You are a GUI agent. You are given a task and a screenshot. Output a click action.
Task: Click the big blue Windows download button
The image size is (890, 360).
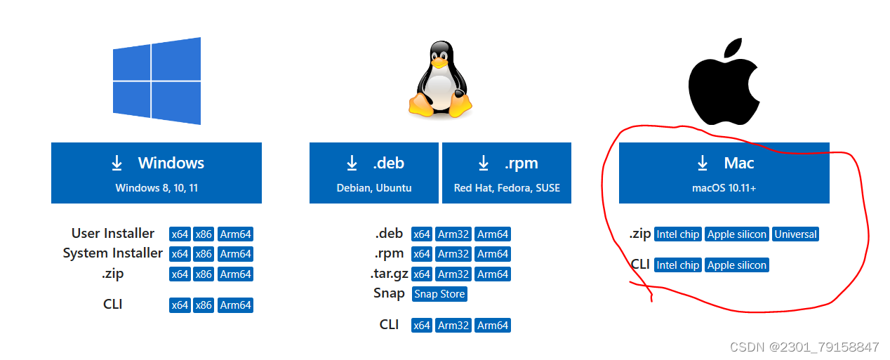156,173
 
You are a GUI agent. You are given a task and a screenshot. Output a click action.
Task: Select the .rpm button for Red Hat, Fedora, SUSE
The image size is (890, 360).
506,173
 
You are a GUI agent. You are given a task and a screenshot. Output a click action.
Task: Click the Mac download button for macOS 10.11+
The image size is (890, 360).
724,173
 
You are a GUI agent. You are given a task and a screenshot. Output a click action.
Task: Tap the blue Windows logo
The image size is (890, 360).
157,81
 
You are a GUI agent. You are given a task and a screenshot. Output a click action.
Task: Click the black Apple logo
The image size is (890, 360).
724,82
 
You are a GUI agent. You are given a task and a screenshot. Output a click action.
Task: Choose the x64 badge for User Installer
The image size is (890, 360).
180,234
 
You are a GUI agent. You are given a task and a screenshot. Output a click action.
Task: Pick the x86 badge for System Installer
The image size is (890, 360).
204,254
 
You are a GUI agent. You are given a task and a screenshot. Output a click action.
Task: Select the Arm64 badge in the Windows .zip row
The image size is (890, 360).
235,274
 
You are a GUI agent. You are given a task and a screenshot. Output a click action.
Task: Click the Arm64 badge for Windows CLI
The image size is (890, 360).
235,305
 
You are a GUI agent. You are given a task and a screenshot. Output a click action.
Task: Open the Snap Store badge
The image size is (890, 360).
439,294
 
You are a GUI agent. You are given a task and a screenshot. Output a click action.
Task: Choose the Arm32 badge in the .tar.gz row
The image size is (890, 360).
453,274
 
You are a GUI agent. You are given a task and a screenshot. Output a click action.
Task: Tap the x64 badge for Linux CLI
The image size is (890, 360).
421,326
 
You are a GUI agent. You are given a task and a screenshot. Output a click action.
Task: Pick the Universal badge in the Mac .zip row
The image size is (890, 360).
795,234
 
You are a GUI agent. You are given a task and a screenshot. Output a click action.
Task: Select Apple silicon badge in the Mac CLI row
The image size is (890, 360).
737,265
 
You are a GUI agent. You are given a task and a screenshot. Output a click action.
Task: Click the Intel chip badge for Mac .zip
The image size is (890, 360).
677,234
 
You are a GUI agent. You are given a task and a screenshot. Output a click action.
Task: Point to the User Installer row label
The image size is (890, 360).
113,233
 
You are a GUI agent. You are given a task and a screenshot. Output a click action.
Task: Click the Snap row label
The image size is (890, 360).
389,293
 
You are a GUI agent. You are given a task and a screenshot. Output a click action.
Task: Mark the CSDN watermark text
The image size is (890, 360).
804,347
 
